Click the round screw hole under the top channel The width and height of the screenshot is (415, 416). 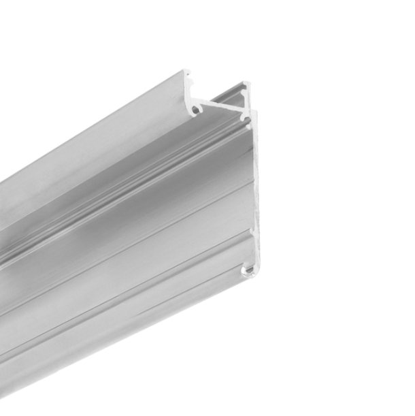[196, 108]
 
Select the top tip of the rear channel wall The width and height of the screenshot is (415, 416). [246, 84]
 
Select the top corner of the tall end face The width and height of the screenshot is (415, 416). [255, 113]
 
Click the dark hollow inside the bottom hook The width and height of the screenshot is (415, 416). [246, 272]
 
